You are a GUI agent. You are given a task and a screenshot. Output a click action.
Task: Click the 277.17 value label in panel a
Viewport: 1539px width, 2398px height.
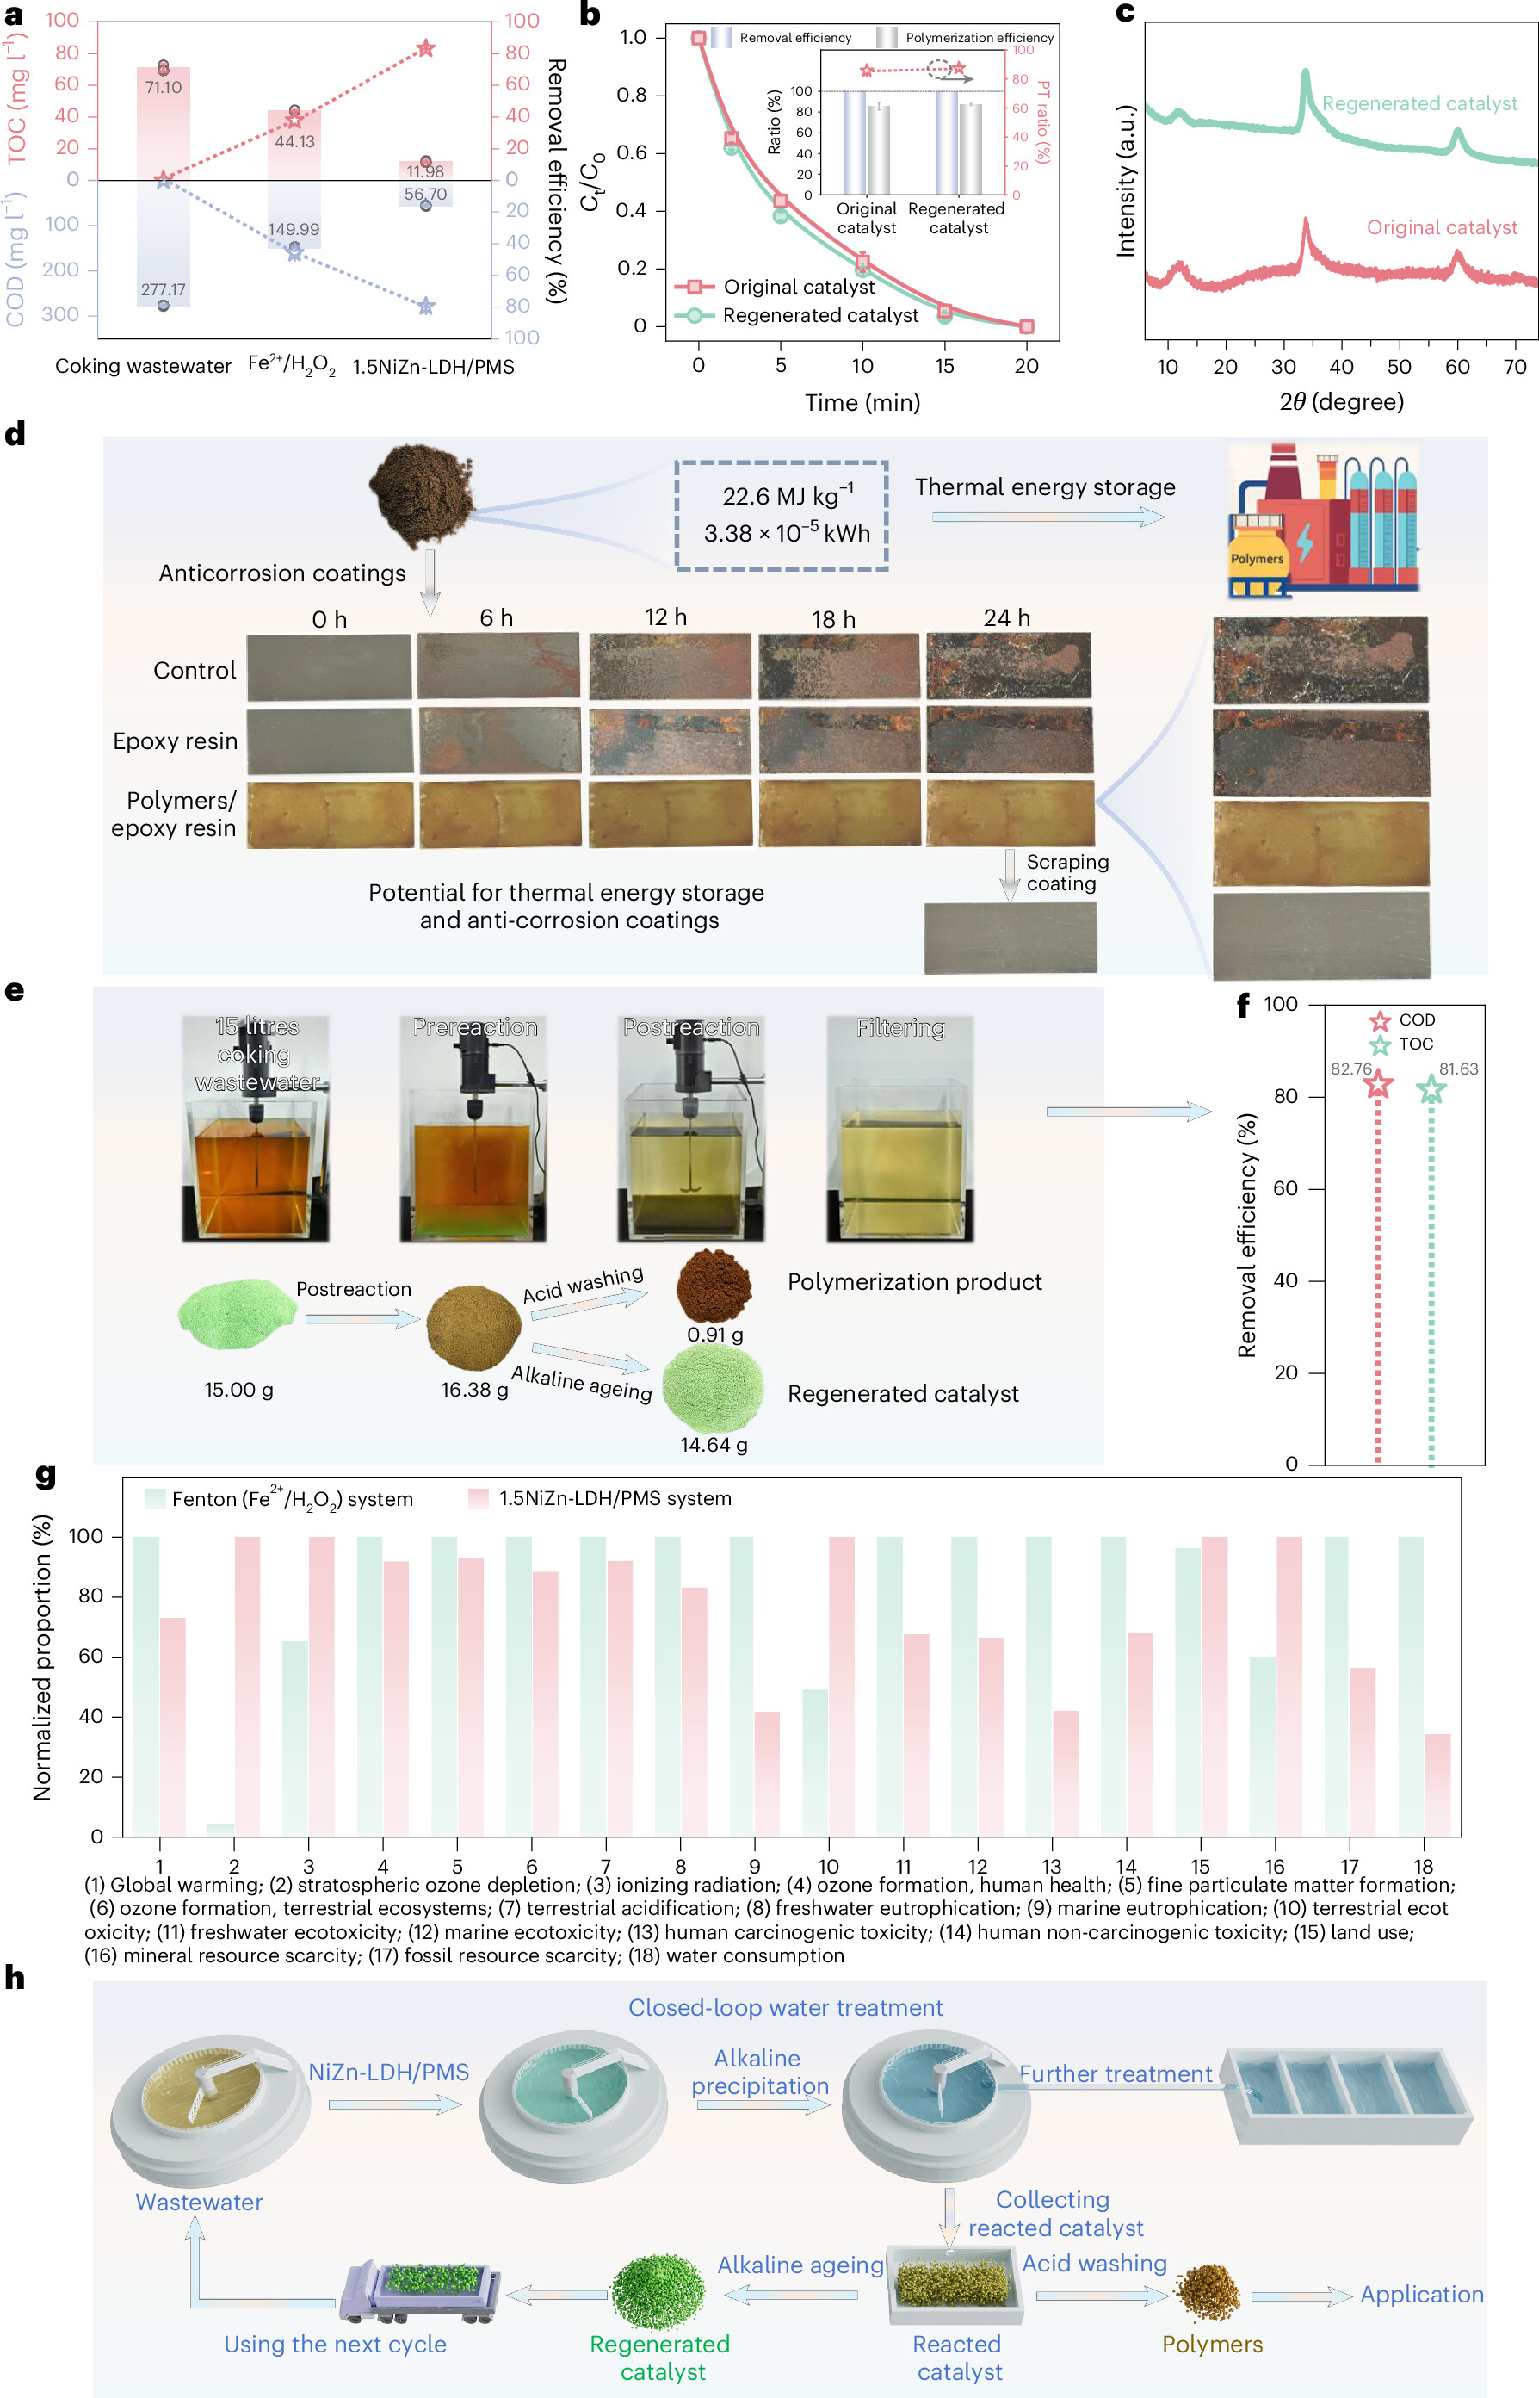point(163,290)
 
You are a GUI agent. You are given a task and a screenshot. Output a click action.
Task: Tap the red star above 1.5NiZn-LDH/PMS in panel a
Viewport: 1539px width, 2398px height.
point(426,48)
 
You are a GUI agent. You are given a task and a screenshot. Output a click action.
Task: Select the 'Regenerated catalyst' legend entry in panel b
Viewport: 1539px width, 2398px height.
point(819,316)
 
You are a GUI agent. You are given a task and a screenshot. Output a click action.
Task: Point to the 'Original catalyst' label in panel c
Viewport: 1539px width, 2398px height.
point(1441,228)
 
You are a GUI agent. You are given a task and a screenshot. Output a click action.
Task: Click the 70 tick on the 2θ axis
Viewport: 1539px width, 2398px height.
point(1514,367)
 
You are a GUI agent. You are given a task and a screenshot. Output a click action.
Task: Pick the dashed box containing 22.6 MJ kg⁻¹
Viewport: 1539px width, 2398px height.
point(782,516)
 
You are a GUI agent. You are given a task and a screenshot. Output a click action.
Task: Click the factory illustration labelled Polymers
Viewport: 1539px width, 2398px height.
point(1323,521)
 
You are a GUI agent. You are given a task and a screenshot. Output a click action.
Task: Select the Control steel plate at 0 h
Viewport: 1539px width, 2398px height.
point(329,666)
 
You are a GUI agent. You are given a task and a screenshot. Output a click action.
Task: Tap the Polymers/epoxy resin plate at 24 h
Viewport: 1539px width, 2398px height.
point(1010,814)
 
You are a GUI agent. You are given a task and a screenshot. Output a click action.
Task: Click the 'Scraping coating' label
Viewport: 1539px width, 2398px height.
point(1066,872)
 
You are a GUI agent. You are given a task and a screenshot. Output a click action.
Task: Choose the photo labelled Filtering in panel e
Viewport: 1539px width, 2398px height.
point(899,1130)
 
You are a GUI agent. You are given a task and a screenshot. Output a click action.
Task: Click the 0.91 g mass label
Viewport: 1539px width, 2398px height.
point(714,1335)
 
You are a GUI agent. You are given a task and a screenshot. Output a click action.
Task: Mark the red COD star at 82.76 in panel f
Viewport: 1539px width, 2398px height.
point(1378,1083)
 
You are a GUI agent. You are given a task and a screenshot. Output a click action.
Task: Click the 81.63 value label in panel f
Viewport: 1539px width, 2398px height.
point(1458,1069)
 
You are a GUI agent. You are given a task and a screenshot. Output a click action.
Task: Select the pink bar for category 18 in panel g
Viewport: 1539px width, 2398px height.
point(1437,1784)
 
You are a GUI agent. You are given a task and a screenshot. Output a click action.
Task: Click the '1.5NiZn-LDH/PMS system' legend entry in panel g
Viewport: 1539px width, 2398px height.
point(614,1498)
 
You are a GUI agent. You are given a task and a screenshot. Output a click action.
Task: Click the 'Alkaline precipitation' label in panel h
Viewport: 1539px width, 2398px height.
point(758,2073)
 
